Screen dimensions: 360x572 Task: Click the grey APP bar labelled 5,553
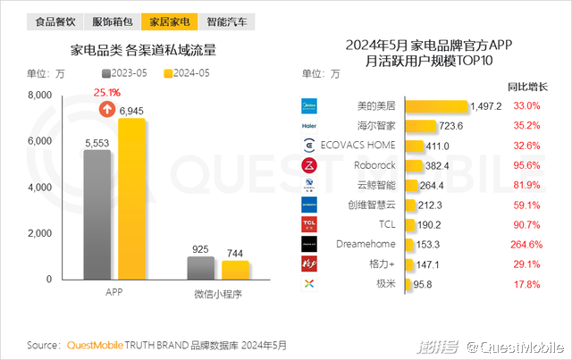(x=97, y=215)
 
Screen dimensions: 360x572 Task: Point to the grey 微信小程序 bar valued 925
(x=200, y=269)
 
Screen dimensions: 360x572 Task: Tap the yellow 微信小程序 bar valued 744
(x=236, y=271)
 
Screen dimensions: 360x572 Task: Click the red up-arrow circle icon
(x=106, y=110)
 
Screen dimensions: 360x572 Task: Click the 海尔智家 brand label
(x=375, y=126)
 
